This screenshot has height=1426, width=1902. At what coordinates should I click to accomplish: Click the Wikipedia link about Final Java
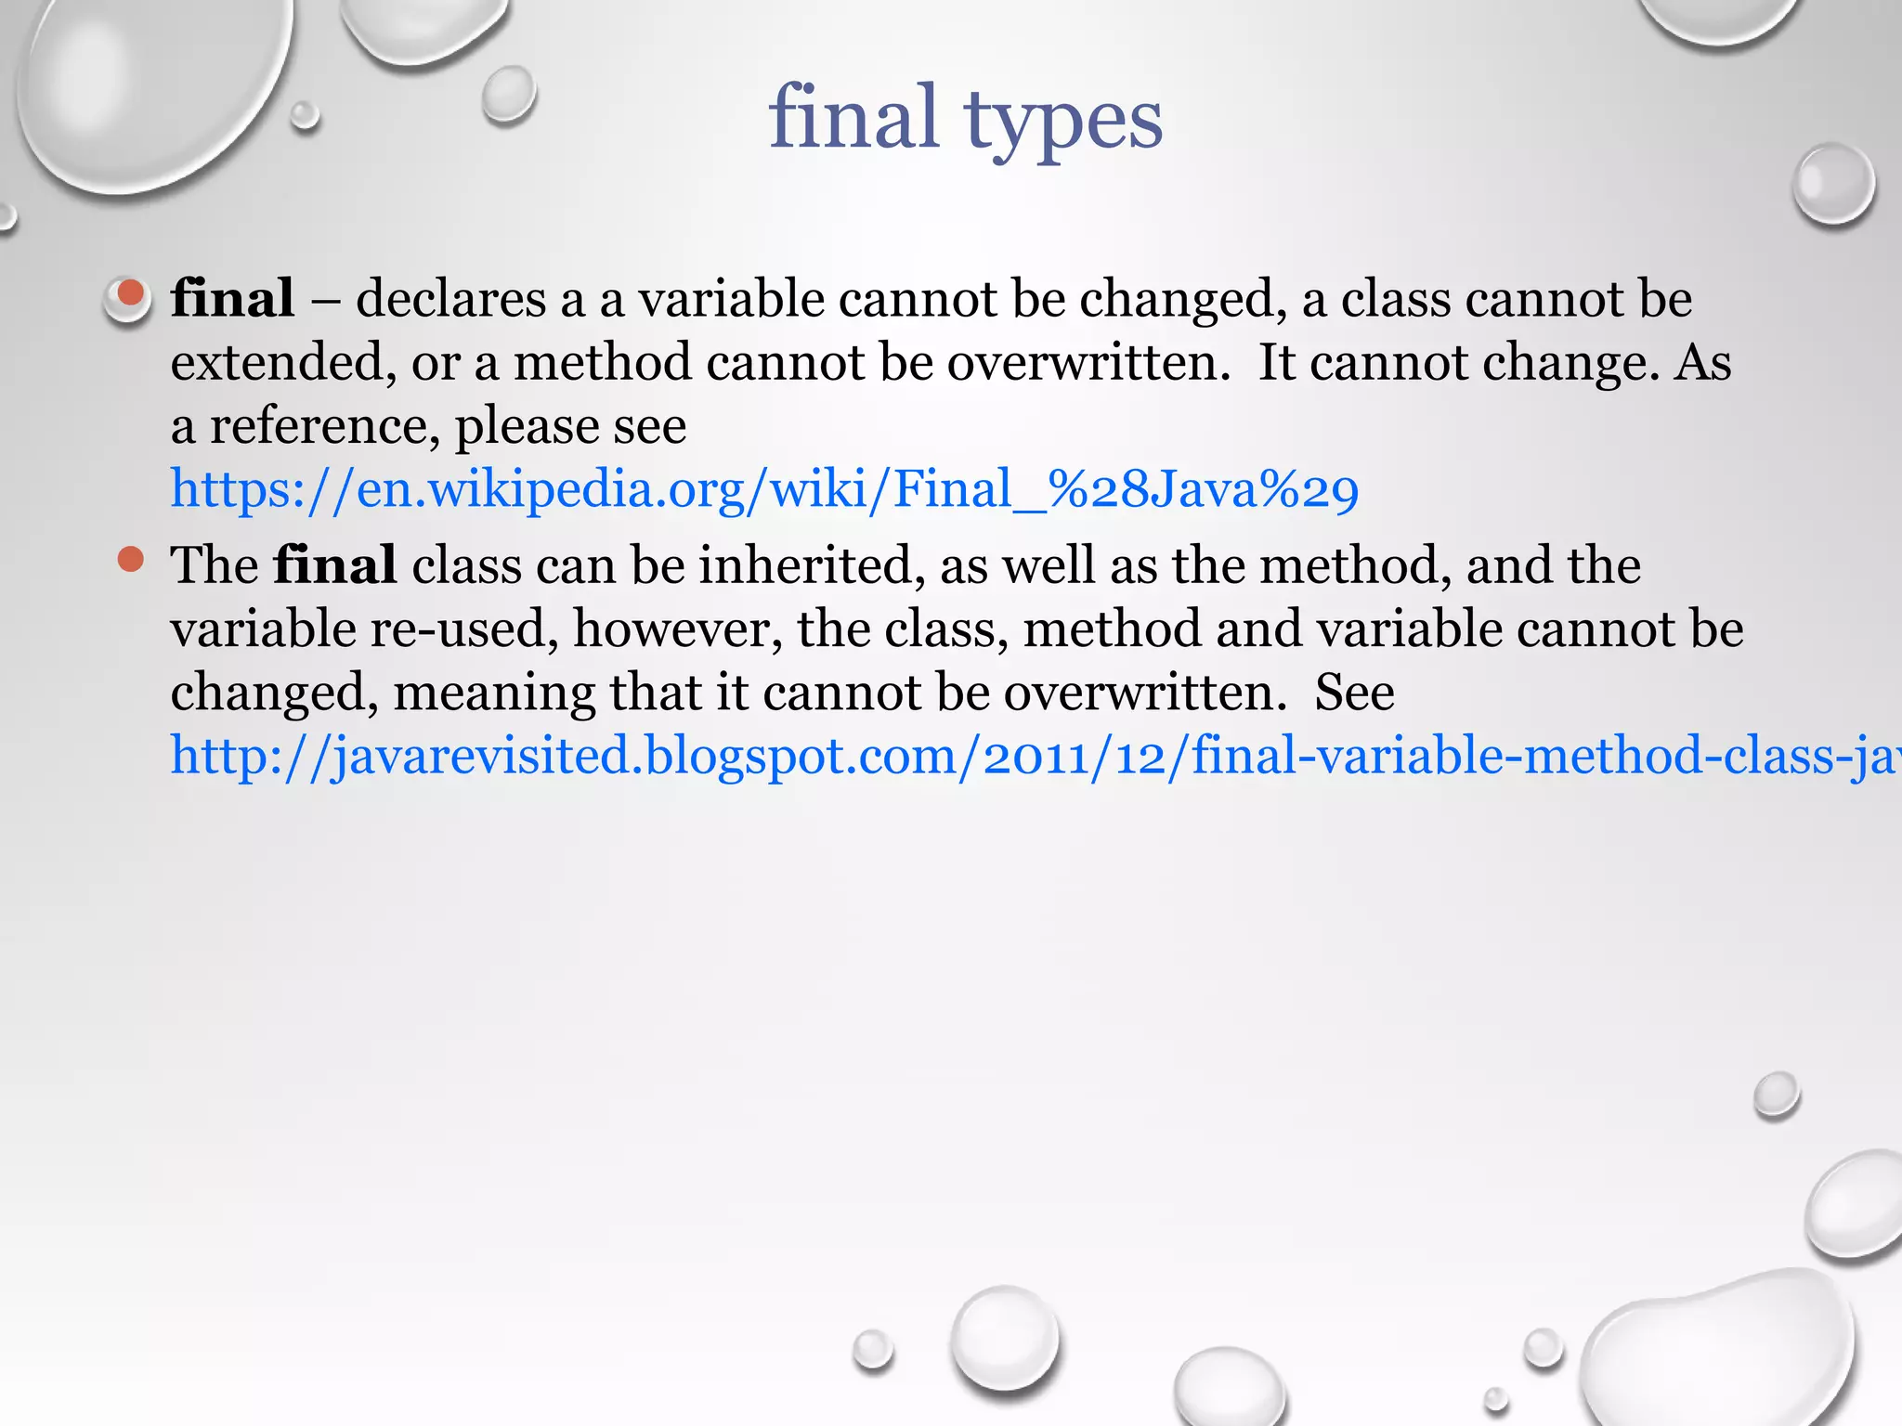764,489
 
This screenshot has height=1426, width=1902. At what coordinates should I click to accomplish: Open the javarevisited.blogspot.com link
1031,756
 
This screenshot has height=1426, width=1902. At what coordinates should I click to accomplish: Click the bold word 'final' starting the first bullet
232,299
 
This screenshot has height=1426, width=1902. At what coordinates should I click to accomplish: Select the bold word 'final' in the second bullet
334,565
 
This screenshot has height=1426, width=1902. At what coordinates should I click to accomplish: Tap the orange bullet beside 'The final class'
131,560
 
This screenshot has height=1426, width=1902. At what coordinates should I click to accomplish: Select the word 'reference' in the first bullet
324,426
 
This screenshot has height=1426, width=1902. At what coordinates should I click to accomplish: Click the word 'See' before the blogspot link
1354,693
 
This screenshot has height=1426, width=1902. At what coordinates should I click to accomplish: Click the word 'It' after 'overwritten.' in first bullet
1276,362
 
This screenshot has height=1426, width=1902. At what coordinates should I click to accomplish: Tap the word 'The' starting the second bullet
214,565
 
